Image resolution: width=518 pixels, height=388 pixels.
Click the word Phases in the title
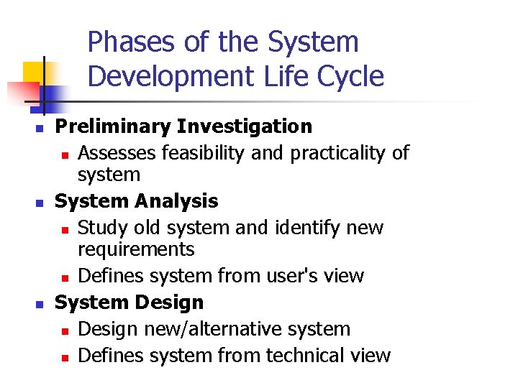(x=131, y=42)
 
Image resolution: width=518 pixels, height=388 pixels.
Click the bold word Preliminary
(x=113, y=127)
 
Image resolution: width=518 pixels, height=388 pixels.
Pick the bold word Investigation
(x=245, y=127)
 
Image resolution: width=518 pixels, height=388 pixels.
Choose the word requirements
(x=136, y=249)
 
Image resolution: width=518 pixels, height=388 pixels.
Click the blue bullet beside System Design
(x=40, y=304)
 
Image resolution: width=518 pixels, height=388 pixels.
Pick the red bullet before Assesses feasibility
(x=65, y=154)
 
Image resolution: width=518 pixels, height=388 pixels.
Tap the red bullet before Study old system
(x=65, y=229)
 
